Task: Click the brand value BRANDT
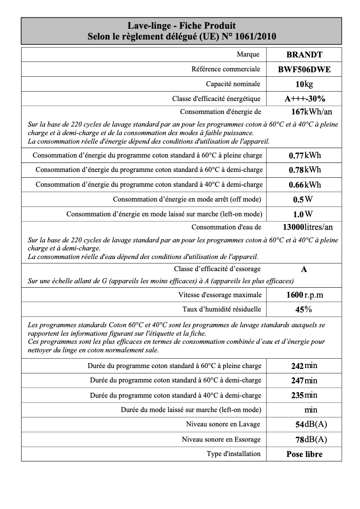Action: (304, 55)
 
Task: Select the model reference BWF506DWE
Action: (304, 70)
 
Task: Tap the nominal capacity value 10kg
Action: (304, 84)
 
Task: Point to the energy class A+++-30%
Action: (305, 99)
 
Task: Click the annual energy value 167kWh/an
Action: (312, 112)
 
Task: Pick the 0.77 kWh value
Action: (305, 156)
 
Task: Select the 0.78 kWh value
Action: (305, 170)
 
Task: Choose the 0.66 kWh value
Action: (305, 184)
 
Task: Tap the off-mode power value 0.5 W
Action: (303, 199)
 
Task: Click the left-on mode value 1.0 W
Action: (303, 214)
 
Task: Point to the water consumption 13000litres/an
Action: (308, 227)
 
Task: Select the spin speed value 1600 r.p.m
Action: (304, 295)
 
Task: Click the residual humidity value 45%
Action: (304, 309)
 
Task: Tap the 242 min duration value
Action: (304, 366)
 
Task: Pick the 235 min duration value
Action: (304, 395)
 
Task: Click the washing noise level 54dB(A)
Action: (311, 425)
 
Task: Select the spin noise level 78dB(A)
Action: (311, 439)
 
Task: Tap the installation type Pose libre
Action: (304, 454)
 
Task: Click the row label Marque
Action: (248, 54)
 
